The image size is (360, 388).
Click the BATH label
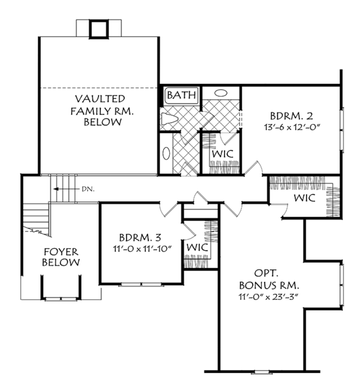tap(181, 95)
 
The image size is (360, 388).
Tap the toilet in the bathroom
tap(169, 119)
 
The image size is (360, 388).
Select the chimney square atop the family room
tap(99, 29)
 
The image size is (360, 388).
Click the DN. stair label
tap(88, 190)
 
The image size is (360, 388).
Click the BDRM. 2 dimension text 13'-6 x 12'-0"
tap(292, 128)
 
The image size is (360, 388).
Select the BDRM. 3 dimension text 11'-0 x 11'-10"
tap(142, 248)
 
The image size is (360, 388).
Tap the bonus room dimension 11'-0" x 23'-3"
tap(269, 296)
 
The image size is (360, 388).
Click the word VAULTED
tap(100, 99)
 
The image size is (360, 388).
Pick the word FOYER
tap(61, 252)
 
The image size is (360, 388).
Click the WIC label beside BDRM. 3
tap(197, 247)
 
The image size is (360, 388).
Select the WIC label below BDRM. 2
tap(305, 198)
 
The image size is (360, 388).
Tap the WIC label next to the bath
tap(223, 154)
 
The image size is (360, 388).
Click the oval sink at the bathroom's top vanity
tap(221, 93)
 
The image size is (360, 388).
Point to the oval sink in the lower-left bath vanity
tap(166, 154)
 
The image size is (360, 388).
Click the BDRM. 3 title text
tap(140, 237)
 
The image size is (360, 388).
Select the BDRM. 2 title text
tap(292, 116)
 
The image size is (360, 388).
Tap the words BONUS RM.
tap(269, 285)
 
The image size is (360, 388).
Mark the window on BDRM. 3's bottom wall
tap(141, 285)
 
